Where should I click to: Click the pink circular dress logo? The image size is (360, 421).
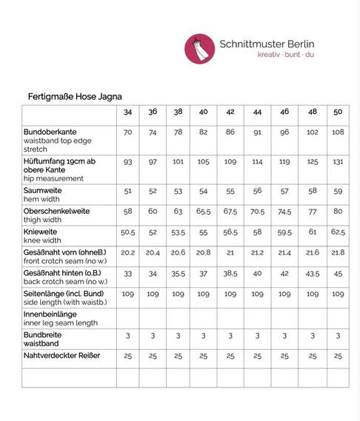click(199, 48)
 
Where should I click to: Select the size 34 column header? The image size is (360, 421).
click(128, 112)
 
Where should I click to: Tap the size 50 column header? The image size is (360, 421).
click(338, 112)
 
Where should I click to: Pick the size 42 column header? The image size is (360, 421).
click(230, 112)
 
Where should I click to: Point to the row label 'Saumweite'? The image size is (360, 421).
click(42, 190)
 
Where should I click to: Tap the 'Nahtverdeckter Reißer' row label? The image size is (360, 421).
click(62, 356)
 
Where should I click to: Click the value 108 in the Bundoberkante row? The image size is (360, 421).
click(338, 132)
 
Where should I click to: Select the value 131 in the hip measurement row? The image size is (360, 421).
click(338, 161)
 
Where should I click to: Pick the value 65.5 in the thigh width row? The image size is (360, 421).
click(204, 212)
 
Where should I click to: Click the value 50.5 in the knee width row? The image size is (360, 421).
click(128, 232)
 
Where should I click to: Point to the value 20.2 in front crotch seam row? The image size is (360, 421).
click(128, 253)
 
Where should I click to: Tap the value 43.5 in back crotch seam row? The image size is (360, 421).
click(312, 274)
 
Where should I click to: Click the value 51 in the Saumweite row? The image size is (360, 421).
click(128, 191)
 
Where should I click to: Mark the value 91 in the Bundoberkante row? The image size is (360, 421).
click(257, 132)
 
